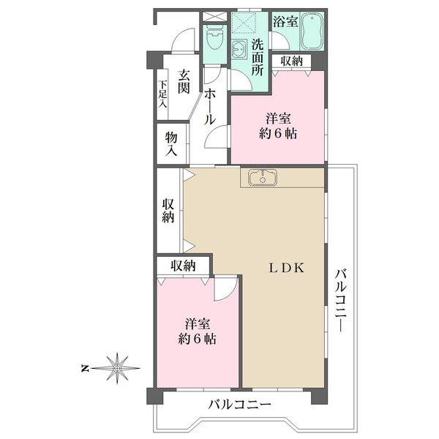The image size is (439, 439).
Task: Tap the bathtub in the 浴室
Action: [x=312, y=31]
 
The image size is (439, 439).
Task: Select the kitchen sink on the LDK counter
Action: [x=263, y=178]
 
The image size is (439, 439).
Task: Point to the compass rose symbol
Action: [x=117, y=368]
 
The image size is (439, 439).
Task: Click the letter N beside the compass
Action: [x=84, y=368]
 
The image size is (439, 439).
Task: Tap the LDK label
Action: [x=286, y=269]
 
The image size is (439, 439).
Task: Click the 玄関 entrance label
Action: [x=184, y=81]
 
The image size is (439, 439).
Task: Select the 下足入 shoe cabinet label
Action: [x=162, y=94]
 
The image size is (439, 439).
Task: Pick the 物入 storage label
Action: [x=171, y=144]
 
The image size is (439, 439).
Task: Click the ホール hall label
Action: [x=210, y=108]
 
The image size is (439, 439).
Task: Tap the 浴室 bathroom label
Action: [x=285, y=21]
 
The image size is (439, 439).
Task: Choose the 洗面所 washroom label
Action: [x=258, y=58]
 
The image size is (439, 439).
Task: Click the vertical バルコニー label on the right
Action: [x=341, y=300]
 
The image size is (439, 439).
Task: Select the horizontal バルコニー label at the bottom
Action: [x=240, y=405]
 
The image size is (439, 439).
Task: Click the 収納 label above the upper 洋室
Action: [x=292, y=61]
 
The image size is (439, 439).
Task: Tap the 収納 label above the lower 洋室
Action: [x=184, y=266]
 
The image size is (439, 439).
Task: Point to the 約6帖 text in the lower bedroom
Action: [x=198, y=339]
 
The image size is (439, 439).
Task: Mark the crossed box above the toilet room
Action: [x=214, y=16]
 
